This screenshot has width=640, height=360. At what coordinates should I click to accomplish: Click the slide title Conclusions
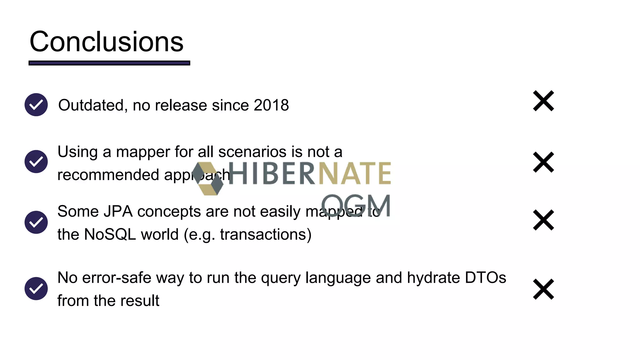pyautogui.click(x=106, y=42)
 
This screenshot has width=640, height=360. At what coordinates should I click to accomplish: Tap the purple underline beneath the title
pyautogui.click(x=109, y=63)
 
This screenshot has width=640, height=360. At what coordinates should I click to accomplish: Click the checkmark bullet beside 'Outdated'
pyautogui.click(x=36, y=105)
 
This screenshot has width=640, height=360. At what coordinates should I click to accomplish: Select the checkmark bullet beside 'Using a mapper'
pyautogui.click(x=36, y=162)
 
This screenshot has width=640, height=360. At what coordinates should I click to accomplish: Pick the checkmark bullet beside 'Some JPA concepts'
pyautogui.click(x=36, y=222)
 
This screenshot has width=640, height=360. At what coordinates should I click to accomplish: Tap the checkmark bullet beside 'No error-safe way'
pyautogui.click(x=36, y=288)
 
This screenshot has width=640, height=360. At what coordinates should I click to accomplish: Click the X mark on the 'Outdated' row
pyautogui.click(x=543, y=101)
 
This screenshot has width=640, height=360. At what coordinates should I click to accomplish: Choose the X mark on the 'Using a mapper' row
pyautogui.click(x=543, y=162)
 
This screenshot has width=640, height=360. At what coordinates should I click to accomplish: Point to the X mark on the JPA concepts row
pyautogui.click(x=543, y=220)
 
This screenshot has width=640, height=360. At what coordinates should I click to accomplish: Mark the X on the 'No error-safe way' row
pyautogui.click(x=543, y=289)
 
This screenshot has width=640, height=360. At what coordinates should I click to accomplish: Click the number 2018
pyautogui.click(x=271, y=105)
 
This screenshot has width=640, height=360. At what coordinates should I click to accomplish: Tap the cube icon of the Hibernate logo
pyautogui.click(x=208, y=179)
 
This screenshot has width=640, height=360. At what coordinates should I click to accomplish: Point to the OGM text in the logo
pyautogui.click(x=356, y=205)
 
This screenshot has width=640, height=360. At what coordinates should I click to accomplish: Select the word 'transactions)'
pyautogui.click(x=266, y=234)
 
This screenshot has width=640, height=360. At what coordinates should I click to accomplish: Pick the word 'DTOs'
pyautogui.click(x=485, y=277)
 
